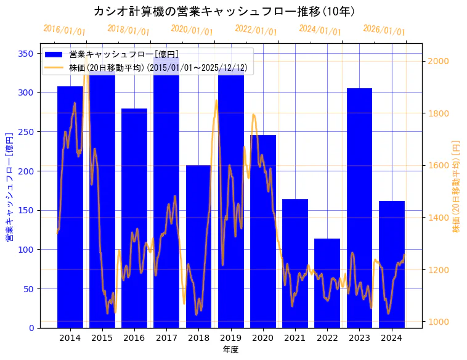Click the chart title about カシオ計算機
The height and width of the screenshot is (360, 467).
click(x=224, y=11)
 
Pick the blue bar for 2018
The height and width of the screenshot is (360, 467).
click(x=198, y=247)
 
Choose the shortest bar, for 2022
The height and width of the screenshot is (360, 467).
click(x=327, y=283)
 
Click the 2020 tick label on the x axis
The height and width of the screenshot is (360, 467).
click(x=263, y=337)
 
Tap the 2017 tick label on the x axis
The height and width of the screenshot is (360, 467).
click(x=166, y=337)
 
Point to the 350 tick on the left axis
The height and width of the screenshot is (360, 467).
click(x=26, y=54)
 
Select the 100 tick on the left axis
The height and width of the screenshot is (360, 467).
click(x=26, y=250)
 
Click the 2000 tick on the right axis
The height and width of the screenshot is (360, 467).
click(x=439, y=61)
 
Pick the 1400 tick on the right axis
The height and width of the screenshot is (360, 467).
click(x=439, y=218)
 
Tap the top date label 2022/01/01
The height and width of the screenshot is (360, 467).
click(x=256, y=30)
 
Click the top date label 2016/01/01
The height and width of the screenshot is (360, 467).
click(x=64, y=30)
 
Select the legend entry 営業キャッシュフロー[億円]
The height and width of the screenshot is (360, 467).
click(x=124, y=54)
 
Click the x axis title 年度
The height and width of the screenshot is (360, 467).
click(x=231, y=350)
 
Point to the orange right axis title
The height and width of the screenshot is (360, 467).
click(x=456, y=185)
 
